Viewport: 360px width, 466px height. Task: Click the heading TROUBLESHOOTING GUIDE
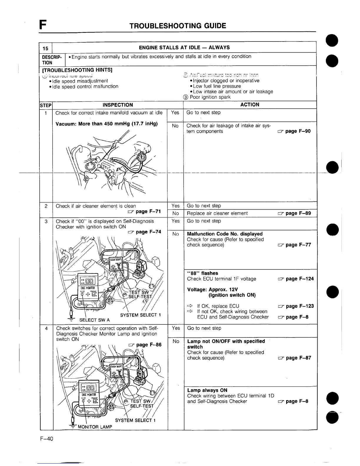(178, 26)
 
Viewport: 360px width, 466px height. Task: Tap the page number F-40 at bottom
(47, 439)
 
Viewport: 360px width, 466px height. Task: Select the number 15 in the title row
(45, 48)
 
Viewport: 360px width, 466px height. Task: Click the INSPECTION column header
(118, 105)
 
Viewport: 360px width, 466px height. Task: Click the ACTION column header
(250, 105)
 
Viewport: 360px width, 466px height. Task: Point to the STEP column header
(46, 105)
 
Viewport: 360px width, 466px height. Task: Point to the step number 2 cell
(46, 206)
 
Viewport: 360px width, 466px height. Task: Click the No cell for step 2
(176, 213)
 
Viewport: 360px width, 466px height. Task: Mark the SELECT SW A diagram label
(94, 320)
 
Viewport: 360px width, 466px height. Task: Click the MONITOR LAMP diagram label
(95, 427)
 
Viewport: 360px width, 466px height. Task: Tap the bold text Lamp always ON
(207, 390)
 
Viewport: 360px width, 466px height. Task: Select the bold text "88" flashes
(202, 273)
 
